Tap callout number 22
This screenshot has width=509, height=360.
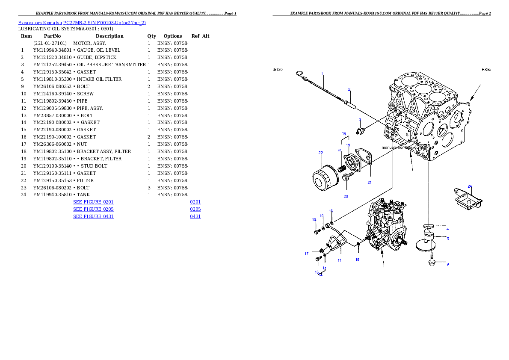(320, 153)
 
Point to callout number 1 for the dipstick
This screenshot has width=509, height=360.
(322, 74)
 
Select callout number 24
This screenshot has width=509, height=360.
(470, 186)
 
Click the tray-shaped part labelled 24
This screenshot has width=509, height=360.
(468, 199)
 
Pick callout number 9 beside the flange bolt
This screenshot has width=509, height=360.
(448, 264)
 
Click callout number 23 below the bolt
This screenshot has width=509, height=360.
(346, 197)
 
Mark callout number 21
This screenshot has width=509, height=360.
(369, 182)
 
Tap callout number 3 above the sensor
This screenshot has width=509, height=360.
(360, 120)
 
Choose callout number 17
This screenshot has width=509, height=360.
(306, 254)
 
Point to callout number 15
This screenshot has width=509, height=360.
(358, 260)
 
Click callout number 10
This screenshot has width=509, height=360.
(314, 220)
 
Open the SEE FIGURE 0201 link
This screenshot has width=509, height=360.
(93, 201)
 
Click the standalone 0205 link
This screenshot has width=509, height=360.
(195, 209)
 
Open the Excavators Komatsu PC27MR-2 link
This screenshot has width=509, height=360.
(82, 23)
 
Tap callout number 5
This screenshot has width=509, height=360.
(448, 239)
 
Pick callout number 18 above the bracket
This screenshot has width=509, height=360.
(344, 134)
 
